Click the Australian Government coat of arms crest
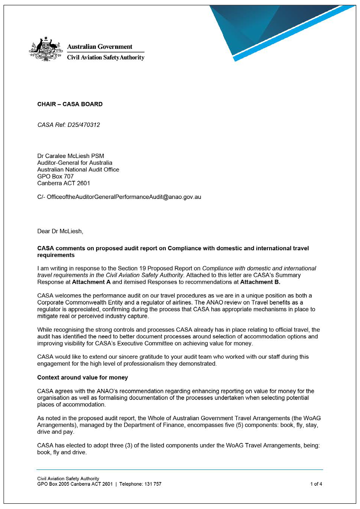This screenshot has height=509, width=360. pos(45,49)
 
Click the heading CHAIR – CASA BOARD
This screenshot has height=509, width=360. pos(70,104)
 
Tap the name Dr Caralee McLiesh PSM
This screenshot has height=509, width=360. pos(70,156)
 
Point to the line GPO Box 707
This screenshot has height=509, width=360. pos(55,176)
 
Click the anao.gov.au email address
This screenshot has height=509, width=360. pos(124,197)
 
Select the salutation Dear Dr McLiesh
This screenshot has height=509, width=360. pos(60,231)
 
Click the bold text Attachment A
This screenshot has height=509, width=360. pos(91,282)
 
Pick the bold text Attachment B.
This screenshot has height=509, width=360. pos(260,282)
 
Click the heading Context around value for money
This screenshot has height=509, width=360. pos(82,377)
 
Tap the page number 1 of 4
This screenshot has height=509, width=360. pos(316,484)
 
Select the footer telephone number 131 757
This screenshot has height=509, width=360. pos(153,484)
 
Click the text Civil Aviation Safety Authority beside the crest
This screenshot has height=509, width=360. pos(105,57)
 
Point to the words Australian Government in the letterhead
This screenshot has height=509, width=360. pos(100,47)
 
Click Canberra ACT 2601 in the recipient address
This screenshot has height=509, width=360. pos(64,183)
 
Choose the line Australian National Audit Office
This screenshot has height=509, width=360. pos(78,170)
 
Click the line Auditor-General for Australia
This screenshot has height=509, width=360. pos(75,163)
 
